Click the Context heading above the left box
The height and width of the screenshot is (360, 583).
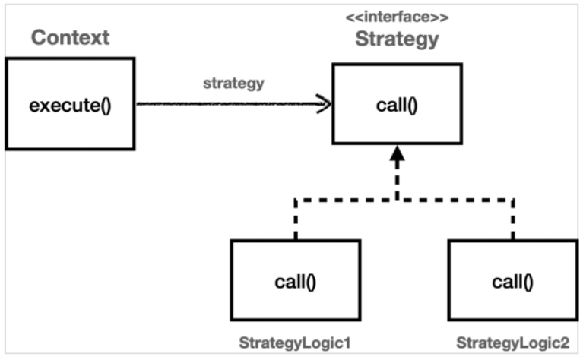click(71, 36)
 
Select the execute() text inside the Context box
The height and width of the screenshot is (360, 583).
click(70, 104)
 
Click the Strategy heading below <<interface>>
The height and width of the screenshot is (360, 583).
click(397, 39)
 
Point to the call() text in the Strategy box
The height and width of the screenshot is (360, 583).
click(397, 104)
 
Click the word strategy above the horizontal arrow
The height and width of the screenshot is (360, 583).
click(233, 84)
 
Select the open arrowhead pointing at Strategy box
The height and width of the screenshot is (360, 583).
click(325, 104)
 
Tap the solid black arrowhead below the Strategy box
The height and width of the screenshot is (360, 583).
click(397, 155)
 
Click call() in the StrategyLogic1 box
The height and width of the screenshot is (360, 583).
click(295, 282)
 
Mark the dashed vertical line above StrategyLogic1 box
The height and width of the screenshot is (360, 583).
click(295, 220)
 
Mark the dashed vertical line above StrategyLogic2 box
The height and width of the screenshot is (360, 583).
click(513, 220)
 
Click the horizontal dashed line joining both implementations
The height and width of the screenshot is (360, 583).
click(456, 201)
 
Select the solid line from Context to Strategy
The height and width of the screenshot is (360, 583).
click(228, 104)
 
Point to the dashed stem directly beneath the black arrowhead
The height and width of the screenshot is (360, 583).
click(397, 182)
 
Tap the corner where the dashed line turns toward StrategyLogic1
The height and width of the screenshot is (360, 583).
click(295, 201)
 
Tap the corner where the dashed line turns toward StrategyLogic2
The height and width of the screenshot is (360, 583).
click(513, 201)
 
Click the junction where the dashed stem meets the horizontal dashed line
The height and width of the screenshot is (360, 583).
click(397, 201)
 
